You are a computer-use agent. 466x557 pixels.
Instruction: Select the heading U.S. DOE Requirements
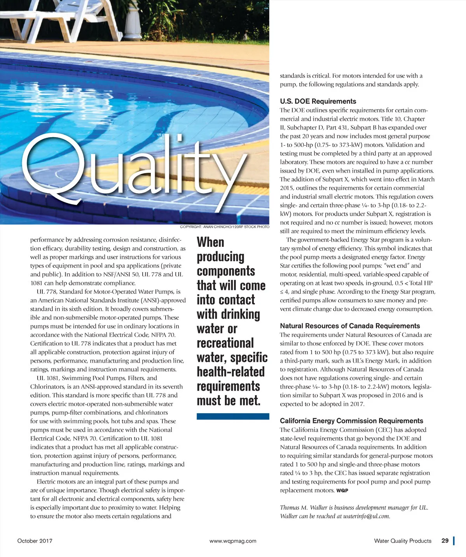[x=318, y=101]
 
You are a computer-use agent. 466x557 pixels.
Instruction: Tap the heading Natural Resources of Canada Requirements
[x=350, y=326]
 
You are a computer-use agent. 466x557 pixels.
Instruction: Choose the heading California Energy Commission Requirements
[x=351, y=421]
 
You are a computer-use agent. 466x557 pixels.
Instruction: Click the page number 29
[x=445, y=541]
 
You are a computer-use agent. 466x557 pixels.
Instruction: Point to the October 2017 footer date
[x=35, y=541]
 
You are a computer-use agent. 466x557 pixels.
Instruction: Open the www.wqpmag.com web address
[x=233, y=541]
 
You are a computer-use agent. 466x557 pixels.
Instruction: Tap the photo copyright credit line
[x=225, y=227]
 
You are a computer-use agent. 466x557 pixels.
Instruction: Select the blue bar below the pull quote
[x=233, y=416]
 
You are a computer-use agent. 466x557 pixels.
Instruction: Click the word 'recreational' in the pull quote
[x=225, y=343]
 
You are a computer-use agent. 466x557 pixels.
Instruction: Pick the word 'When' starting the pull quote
[x=211, y=242]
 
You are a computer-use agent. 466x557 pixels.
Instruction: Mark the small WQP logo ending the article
[x=342, y=491]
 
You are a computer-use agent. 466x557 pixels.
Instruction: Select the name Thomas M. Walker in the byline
[x=298, y=508]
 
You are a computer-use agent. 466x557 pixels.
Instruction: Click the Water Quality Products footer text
[x=403, y=541]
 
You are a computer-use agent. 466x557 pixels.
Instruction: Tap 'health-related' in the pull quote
[x=230, y=372]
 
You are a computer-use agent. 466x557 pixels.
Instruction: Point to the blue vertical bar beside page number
[x=454, y=541]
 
